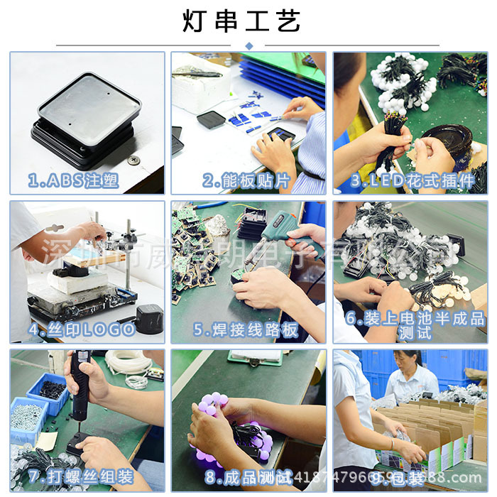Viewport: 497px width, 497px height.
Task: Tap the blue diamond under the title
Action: (x=248, y=46)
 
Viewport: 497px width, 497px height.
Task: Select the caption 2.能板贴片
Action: (x=247, y=181)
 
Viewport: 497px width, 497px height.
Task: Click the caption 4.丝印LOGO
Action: (x=82, y=329)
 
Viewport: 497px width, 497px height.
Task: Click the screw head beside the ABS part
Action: (x=132, y=161)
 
